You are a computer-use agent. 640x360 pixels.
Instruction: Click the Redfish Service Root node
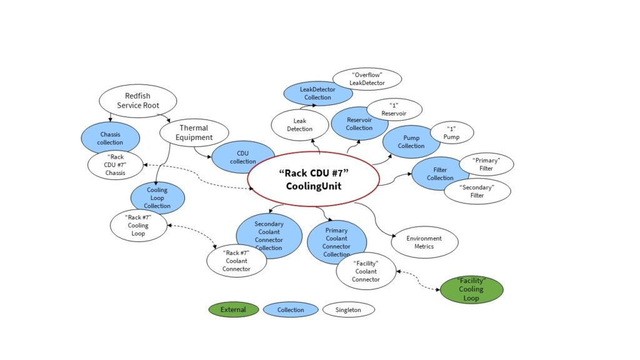click(x=137, y=101)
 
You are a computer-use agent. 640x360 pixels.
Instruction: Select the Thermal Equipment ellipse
click(x=194, y=133)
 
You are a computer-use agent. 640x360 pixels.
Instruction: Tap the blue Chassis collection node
click(x=110, y=138)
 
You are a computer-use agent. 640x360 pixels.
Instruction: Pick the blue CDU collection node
click(x=242, y=157)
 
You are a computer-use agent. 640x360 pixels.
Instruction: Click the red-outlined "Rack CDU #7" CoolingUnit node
click(x=313, y=179)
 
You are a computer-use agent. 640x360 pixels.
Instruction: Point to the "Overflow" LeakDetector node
click(x=367, y=79)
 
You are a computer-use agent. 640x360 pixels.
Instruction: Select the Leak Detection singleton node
click(x=299, y=125)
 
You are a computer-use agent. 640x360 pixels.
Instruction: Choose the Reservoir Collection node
click(x=359, y=124)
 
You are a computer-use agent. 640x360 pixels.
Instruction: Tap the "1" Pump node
click(x=451, y=132)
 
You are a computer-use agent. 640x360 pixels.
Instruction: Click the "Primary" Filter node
click(x=486, y=164)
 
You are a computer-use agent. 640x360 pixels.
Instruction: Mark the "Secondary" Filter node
click(x=477, y=191)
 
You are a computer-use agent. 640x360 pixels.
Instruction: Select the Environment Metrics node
click(x=424, y=242)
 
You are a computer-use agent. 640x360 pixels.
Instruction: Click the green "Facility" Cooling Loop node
click(x=471, y=289)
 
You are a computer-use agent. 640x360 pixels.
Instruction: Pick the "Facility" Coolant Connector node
click(x=366, y=271)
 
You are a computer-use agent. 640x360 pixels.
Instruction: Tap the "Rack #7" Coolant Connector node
click(x=236, y=261)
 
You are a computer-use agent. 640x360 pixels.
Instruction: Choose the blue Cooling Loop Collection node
click(x=157, y=197)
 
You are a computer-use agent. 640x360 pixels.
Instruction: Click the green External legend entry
click(x=233, y=309)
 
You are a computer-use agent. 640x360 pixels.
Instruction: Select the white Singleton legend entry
click(x=348, y=309)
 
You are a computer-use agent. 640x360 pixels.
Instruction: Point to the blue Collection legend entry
click(x=290, y=309)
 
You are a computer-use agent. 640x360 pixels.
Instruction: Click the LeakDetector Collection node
click(x=317, y=93)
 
